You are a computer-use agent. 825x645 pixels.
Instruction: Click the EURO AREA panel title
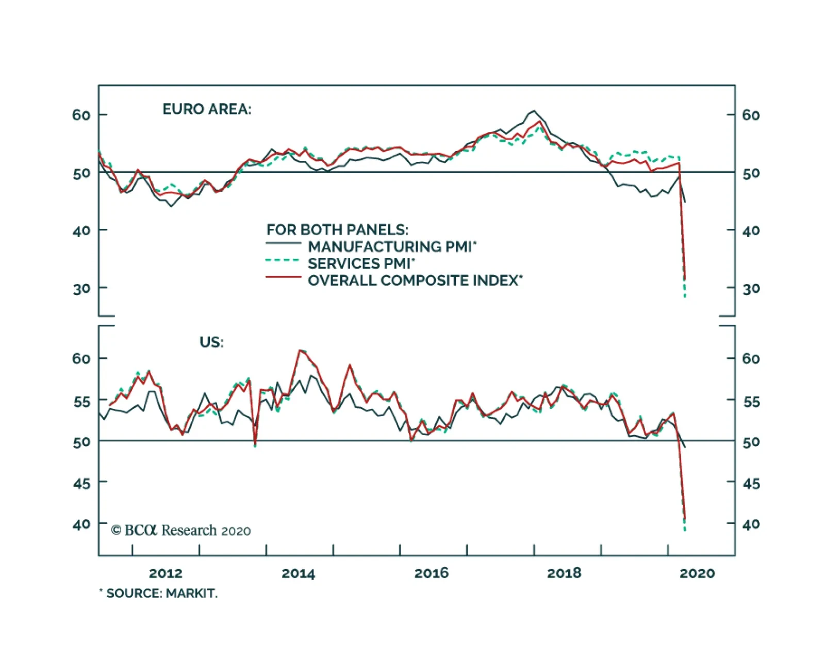[x=207, y=109]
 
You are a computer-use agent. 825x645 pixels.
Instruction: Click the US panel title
[x=211, y=342]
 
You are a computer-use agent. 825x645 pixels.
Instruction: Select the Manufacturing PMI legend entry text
[x=392, y=246]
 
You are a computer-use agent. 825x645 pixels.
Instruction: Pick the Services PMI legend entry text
[x=361, y=263]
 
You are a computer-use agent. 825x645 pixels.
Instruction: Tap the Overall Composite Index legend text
[x=415, y=280]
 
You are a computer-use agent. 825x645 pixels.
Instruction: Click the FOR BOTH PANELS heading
[x=337, y=229]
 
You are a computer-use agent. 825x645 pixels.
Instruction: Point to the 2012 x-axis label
[x=166, y=573]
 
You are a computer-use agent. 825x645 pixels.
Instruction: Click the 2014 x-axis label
[x=298, y=573]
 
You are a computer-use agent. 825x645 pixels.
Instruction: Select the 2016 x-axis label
[x=432, y=573]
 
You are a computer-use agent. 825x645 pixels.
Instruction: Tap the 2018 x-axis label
[x=564, y=573]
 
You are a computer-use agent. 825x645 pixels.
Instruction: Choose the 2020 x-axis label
[x=697, y=573]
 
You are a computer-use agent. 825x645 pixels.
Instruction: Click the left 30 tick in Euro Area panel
[x=81, y=289]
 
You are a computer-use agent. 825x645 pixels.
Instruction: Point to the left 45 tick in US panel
[x=81, y=484]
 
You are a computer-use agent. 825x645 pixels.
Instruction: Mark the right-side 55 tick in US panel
[x=751, y=401]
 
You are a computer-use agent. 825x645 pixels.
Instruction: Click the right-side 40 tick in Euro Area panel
[x=751, y=230]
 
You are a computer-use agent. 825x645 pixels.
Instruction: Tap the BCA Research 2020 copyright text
[x=181, y=530]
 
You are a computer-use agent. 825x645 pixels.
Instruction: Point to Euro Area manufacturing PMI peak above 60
[x=533, y=111]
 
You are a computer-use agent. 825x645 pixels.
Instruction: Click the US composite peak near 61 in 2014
[x=301, y=351]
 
